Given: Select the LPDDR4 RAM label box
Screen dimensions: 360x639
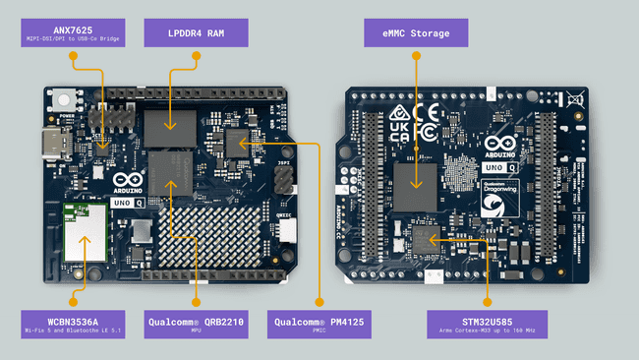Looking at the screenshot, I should tap(195, 33).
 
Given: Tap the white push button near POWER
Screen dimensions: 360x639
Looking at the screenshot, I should tap(67, 99).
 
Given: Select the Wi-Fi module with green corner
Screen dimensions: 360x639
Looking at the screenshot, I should tap(86, 232).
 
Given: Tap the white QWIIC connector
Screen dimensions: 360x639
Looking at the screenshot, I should tap(286, 230).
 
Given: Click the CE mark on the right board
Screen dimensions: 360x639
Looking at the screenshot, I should tap(427, 112).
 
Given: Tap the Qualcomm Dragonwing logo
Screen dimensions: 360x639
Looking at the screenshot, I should tap(498, 201).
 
